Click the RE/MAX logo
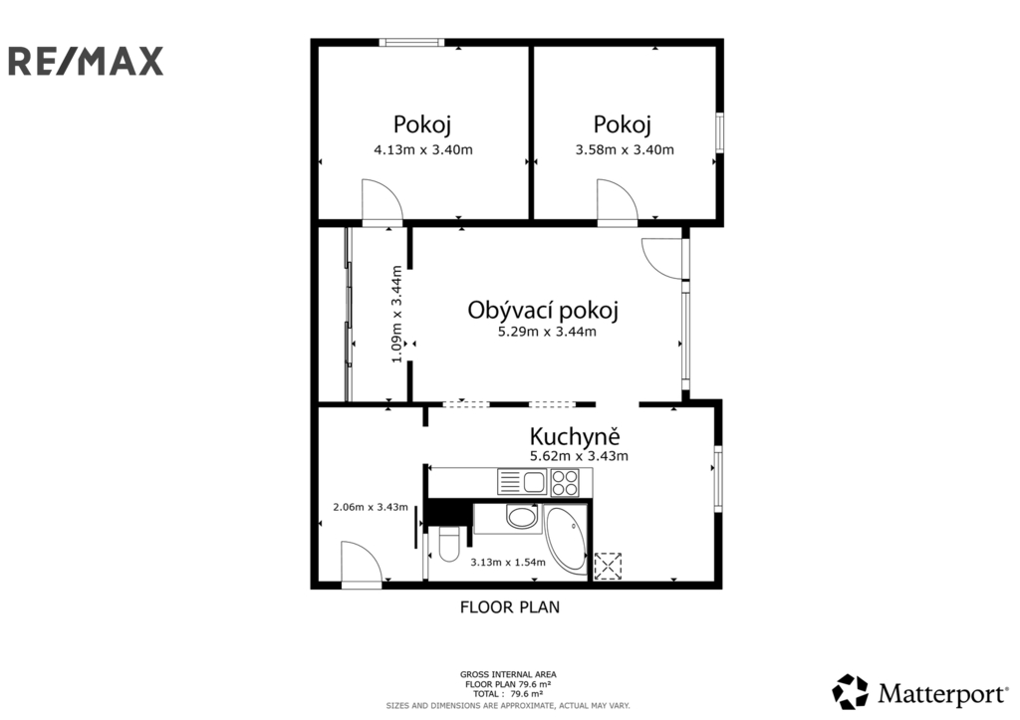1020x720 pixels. tap(86, 61)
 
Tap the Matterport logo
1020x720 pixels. tap(919, 692)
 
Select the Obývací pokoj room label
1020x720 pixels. tap(543, 311)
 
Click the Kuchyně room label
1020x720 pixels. tap(575, 435)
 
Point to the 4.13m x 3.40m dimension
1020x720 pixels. tap(422, 149)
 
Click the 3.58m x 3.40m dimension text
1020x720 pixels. tap(625, 149)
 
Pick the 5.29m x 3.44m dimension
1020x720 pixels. tap(547, 332)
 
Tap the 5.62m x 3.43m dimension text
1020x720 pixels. tap(579, 456)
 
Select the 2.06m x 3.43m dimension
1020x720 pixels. tap(371, 507)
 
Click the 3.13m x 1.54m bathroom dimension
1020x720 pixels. tap(508, 562)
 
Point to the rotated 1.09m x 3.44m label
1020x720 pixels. tap(396, 314)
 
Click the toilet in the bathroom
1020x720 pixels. tap(449, 544)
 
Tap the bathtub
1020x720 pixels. tap(566, 540)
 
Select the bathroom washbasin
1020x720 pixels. tap(521, 518)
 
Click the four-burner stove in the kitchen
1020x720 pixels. tap(564, 483)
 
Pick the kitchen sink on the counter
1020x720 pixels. tap(522, 482)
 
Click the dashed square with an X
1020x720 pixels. tap(609, 566)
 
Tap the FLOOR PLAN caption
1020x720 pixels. tap(510, 607)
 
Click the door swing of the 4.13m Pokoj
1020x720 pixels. tap(382, 201)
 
